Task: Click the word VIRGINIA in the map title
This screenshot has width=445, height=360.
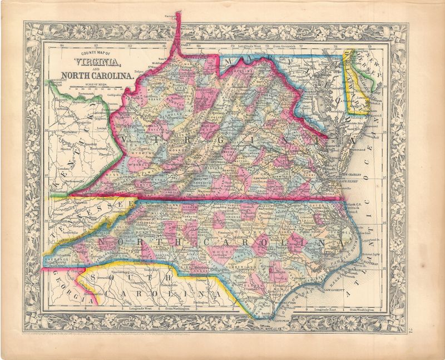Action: point(90,62)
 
